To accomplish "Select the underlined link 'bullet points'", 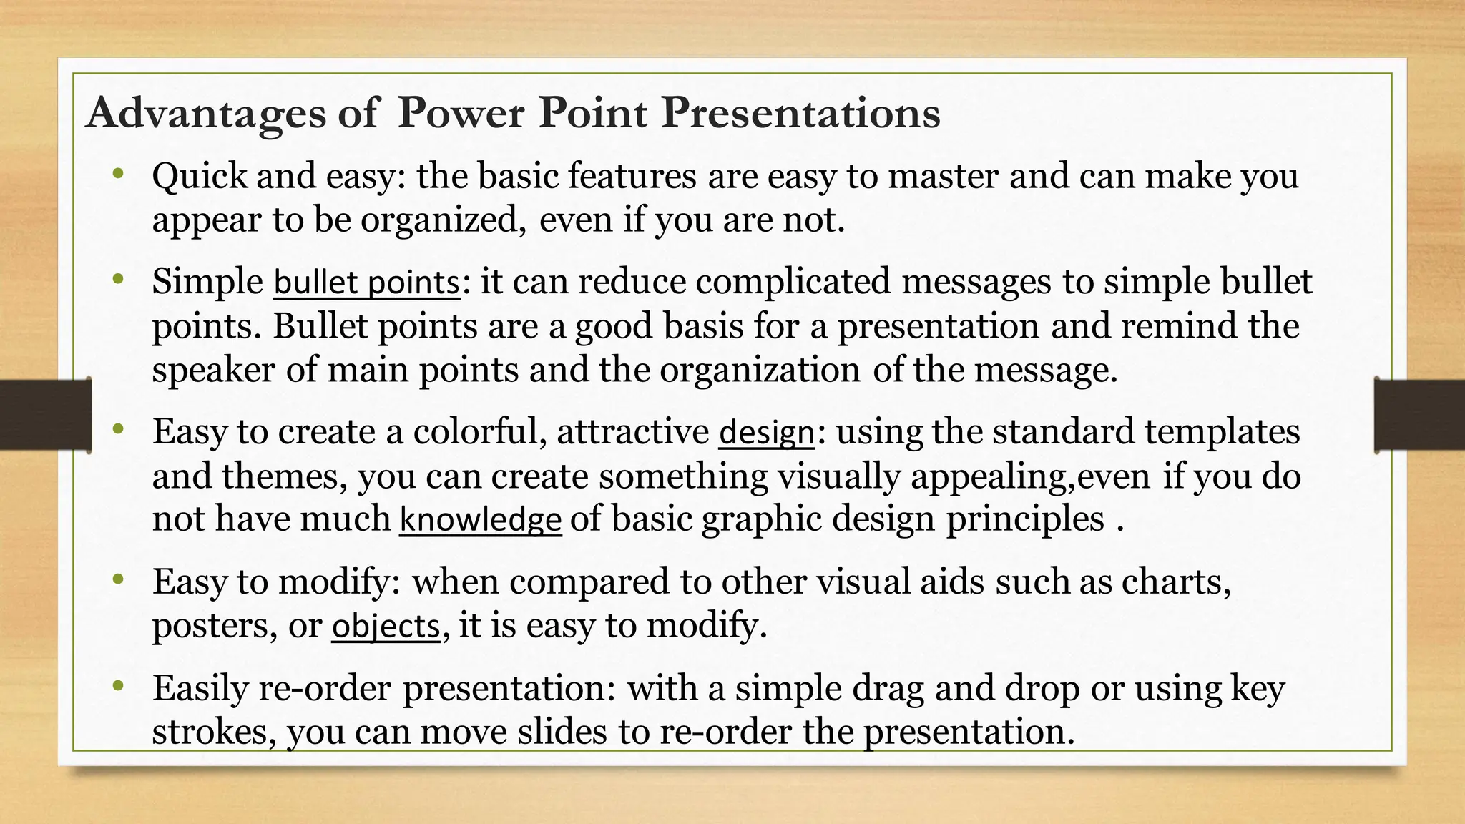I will point(366,282).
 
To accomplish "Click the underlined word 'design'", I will point(766,433).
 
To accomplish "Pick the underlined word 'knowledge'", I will point(480,520).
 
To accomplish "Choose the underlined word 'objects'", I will point(386,627).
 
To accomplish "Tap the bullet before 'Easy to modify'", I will point(118,579).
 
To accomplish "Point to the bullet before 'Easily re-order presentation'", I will point(118,686).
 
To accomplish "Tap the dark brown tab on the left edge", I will point(45,415).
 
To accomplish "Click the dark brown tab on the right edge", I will point(1419,415).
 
